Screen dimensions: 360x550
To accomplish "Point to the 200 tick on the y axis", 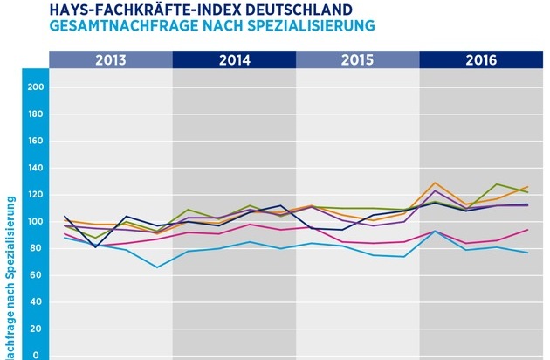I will (x=36, y=87).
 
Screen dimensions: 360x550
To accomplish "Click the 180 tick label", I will (x=36, y=114).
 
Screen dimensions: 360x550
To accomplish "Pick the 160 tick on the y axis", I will (x=36, y=141).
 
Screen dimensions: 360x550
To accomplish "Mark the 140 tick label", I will (x=36, y=168).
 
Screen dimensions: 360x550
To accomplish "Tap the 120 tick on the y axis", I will (x=36, y=195).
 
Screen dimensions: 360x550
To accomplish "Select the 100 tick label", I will (x=36, y=222).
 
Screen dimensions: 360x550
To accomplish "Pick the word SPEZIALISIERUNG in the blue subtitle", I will (x=320, y=24).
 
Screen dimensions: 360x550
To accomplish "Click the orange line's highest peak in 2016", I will (x=435, y=183).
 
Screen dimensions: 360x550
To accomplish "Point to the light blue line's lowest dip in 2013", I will (x=157, y=267).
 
